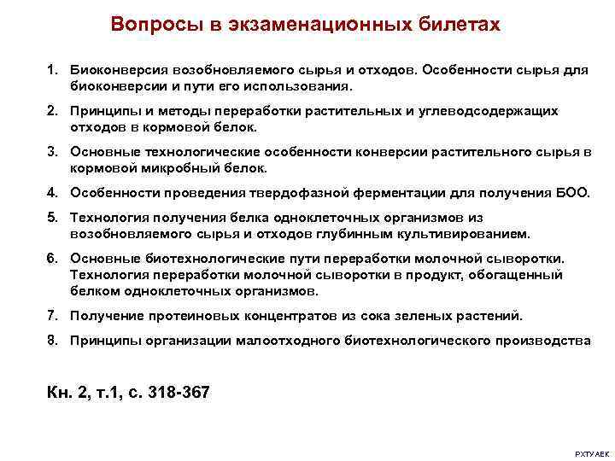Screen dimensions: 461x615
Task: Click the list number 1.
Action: coord(52,70)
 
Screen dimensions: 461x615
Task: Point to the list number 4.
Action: coord(52,193)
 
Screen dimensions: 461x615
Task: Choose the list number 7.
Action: coord(52,316)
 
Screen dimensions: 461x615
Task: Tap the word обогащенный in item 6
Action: coord(519,275)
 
